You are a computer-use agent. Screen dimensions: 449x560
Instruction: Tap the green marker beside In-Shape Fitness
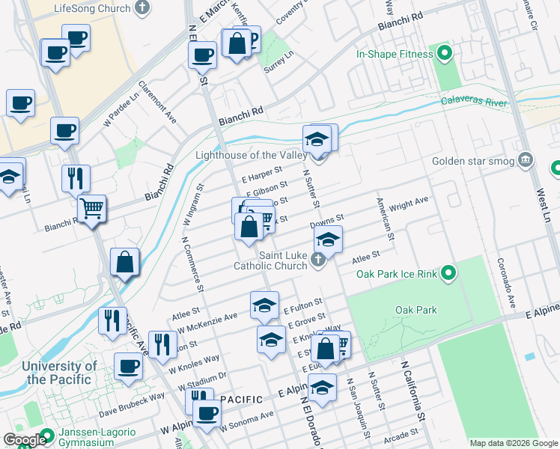[444, 54]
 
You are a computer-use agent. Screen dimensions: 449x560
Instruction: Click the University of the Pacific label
[60, 373]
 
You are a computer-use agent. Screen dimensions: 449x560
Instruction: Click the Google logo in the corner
[24, 440]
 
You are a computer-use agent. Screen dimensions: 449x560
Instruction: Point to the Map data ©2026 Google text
[513, 443]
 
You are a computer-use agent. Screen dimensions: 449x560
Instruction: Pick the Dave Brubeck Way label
[133, 404]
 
